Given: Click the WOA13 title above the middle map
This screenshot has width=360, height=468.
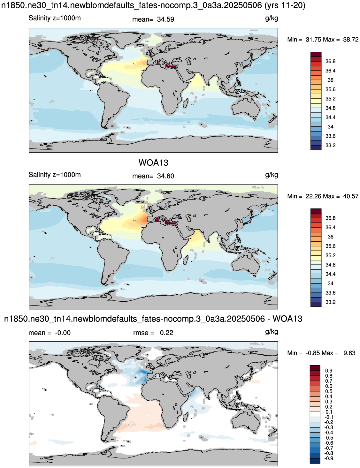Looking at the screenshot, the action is [153, 162].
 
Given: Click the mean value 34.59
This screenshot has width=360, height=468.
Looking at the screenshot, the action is [165, 19].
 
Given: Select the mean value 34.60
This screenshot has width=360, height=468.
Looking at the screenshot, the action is [165, 176].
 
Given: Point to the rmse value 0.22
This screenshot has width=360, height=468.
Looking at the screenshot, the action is [166, 333].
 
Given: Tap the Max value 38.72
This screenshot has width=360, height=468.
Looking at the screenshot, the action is [351, 40].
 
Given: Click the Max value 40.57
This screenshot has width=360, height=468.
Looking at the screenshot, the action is [351, 196].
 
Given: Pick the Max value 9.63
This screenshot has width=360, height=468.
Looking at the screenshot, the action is [349, 353].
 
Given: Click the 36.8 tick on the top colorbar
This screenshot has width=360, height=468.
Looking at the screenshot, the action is [330, 62].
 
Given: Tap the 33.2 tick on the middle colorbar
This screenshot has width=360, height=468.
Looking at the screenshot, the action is [330, 302].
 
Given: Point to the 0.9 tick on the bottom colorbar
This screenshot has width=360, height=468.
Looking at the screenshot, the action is [329, 371].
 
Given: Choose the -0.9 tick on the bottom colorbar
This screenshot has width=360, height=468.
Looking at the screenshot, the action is [329, 458].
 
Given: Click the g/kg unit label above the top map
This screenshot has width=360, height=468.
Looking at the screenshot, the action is [272, 19].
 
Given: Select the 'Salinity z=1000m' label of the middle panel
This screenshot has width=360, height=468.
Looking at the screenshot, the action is [55, 175].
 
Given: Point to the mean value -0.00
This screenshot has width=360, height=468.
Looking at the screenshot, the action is [63, 333].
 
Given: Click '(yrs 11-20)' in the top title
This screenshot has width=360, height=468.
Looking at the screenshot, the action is [285, 5].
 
